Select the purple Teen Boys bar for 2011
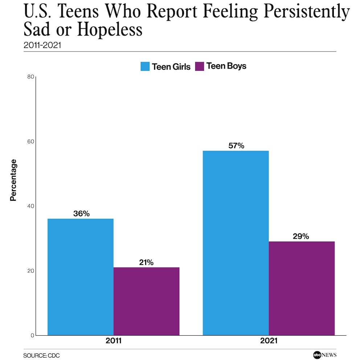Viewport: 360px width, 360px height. coord(146,301)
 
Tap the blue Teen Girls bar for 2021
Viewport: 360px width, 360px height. coord(236,243)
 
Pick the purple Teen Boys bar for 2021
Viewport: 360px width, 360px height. coord(302,288)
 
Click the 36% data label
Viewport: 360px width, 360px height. coord(81,214)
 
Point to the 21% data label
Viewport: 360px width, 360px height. coord(146,262)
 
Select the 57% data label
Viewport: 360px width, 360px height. coord(236,146)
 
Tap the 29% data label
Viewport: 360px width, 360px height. coord(301,237)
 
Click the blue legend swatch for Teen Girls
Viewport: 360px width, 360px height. coord(145,66)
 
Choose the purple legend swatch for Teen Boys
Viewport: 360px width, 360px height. coord(200,66)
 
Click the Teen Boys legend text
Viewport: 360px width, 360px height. coord(226,66)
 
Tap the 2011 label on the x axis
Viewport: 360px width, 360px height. coord(113,341)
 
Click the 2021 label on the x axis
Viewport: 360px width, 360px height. coord(269,341)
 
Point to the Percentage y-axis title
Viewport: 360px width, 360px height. coord(13,180)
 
